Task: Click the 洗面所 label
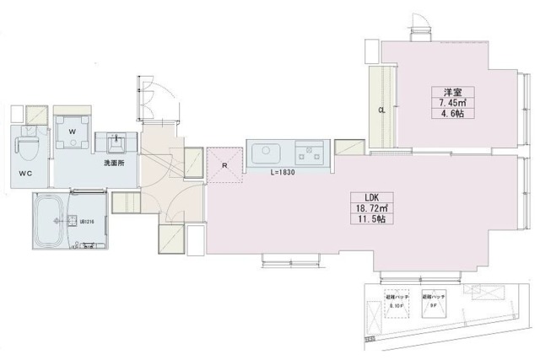(x=115, y=162)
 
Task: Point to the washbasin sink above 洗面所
(x=115, y=141)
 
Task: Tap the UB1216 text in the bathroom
(x=86, y=222)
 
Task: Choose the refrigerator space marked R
(x=223, y=166)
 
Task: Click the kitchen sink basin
(x=267, y=153)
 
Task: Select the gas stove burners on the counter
(x=307, y=153)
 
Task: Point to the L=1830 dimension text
(x=283, y=173)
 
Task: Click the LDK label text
(x=370, y=196)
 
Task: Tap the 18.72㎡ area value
(x=370, y=207)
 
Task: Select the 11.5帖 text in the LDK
(x=370, y=219)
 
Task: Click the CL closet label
(x=381, y=110)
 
